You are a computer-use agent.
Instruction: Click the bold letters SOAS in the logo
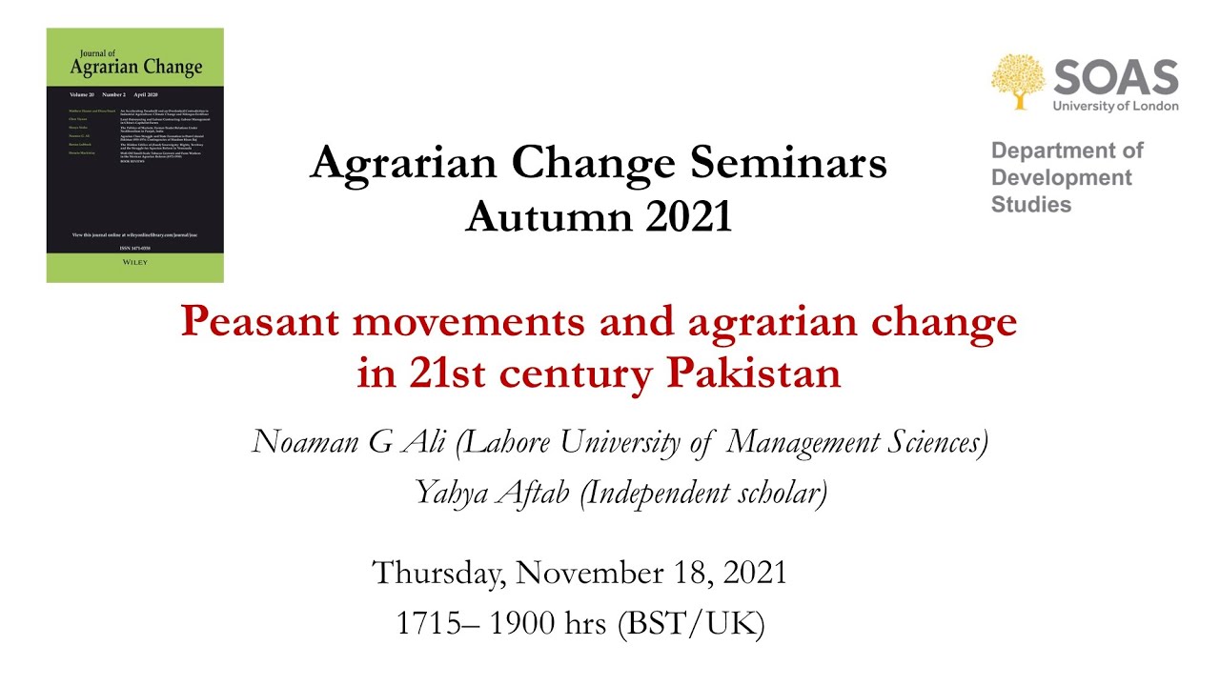1116,76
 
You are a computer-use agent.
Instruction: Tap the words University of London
1115,106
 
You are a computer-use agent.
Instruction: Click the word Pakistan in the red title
753,373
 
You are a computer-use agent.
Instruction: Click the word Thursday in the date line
439,574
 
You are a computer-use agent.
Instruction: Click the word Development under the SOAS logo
1062,177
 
